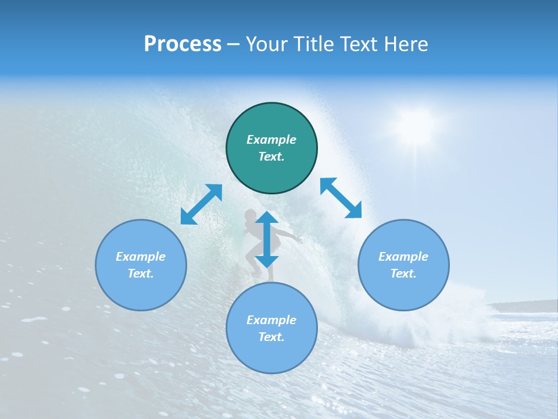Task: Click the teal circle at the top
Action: click(271, 148)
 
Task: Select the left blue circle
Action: click(141, 265)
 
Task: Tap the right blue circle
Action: click(403, 265)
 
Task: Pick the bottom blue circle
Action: click(271, 328)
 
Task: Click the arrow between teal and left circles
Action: click(201, 204)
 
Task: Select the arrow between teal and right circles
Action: click(341, 198)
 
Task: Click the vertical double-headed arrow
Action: click(267, 239)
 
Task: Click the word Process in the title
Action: click(183, 44)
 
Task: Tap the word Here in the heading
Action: click(406, 44)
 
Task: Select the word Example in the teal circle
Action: click(271, 140)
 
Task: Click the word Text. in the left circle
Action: click(141, 274)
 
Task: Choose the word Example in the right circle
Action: click(403, 257)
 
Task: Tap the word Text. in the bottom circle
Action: click(271, 337)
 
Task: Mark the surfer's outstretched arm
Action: click(289, 235)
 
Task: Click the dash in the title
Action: click(234, 45)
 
